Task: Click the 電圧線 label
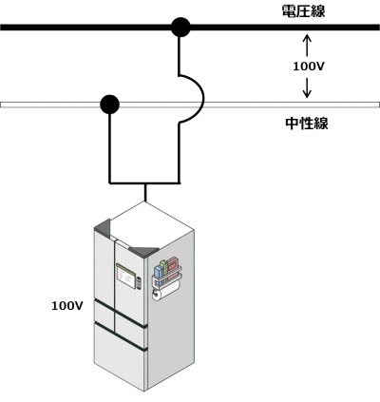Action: pyautogui.click(x=303, y=11)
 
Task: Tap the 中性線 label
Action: pyautogui.click(x=307, y=124)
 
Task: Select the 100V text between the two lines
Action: pyautogui.click(x=309, y=67)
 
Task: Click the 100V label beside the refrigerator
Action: pyautogui.click(x=67, y=306)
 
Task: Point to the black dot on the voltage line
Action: pyautogui.click(x=180, y=27)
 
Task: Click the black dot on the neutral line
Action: pyautogui.click(x=109, y=105)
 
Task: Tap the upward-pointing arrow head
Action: pyautogui.click(x=307, y=39)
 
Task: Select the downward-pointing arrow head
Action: pyautogui.click(x=307, y=93)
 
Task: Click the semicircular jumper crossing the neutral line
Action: pyautogui.click(x=203, y=99)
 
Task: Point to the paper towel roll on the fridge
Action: pyautogui.click(x=165, y=291)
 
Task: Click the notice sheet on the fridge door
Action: pyautogui.click(x=125, y=276)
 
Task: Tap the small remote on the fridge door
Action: pyautogui.click(x=139, y=283)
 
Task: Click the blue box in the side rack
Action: pyautogui.click(x=159, y=273)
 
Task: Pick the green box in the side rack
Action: pyautogui.click(x=164, y=268)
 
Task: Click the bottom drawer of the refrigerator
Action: pyautogui.click(x=120, y=355)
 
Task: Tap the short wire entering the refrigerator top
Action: pyautogui.click(x=145, y=192)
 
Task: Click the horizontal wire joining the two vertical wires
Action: pyautogui.click(x=144, y=182)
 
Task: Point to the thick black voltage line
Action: pyautogui.click(x=190, y=28)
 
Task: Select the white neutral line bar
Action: pyautogui.click(x=190, y=105)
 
